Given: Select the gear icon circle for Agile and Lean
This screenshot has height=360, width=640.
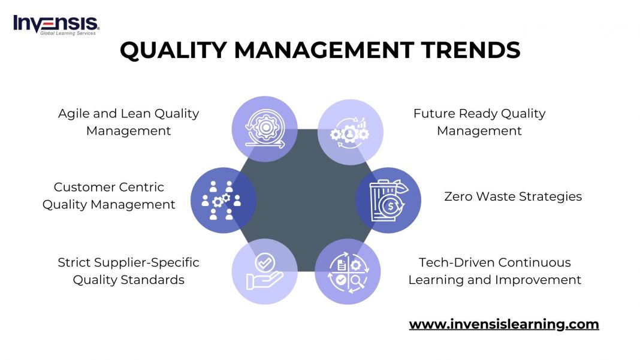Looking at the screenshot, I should [x=264, y=129].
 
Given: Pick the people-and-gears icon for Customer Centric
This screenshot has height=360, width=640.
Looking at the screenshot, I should [x=223, y=200].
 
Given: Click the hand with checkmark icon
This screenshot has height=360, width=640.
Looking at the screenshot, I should [x=264, y=271].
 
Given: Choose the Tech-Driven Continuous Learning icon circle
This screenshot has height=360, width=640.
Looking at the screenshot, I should [x=348, y=271].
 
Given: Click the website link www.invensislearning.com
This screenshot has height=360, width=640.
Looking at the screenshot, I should [x=504, y=325].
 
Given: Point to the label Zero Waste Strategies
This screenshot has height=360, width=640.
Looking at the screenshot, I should [x=513, y=196].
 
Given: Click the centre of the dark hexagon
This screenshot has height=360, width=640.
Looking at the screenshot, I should [x=306, y=200].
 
